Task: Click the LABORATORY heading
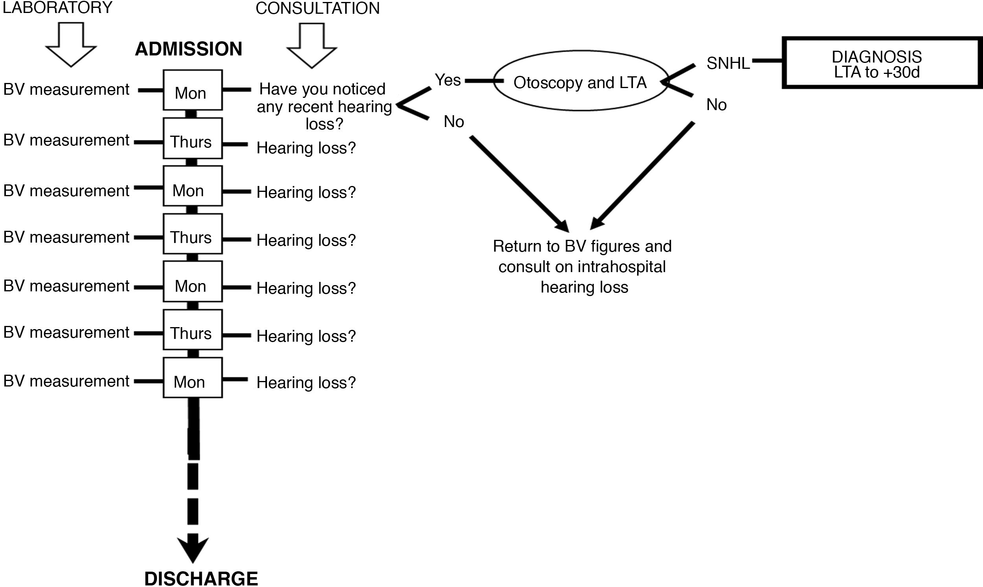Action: click(58, 8)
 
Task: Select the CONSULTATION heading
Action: click(317, 9)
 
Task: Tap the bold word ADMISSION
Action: click(188, 49)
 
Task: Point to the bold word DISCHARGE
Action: click(201, 578)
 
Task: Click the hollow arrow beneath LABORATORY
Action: click(71, 44)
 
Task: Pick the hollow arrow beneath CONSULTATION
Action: click(312, 45)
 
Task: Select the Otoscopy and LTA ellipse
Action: click(581, 81)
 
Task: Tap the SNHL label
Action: click(728, 64)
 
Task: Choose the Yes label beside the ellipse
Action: click(448, 80)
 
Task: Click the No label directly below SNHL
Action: click(716, 105)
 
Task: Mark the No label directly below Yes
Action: click(454, 122)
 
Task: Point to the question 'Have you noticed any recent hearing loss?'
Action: click(324, 107)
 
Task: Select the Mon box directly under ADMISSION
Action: click(193, 90)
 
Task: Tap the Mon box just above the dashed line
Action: click(193, 378)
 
